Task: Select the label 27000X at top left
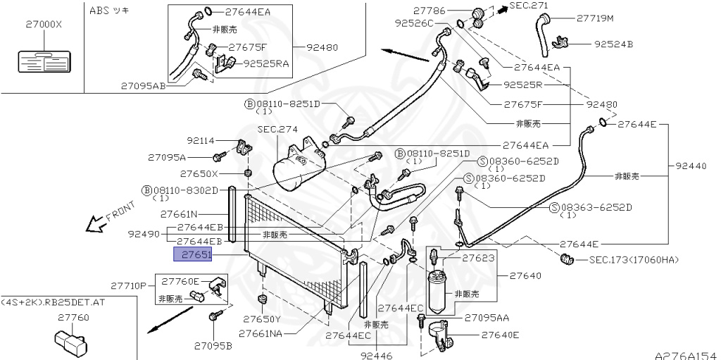44,24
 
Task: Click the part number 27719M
595,18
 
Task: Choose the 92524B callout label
613,44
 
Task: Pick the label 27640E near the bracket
500,335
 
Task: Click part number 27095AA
487,318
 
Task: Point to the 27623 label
478,259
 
